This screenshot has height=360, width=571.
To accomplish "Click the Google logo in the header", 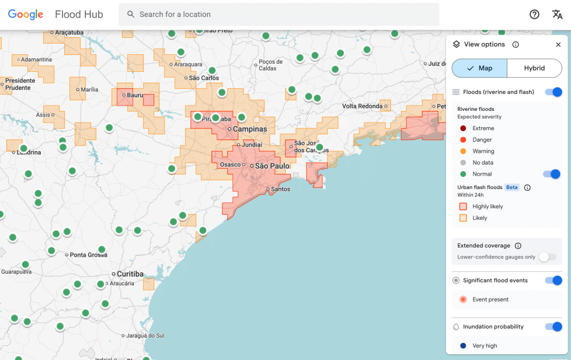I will (x=26, y=15).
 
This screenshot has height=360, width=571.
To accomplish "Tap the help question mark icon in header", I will (x=534, y=15).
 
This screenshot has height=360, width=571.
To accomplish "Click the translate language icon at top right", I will (x=557, y=15).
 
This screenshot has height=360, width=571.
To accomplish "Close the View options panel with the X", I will (x=558, y=45).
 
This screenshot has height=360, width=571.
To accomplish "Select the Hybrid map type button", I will (x=534, y=68).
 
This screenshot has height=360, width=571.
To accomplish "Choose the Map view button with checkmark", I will (x=479, y=68).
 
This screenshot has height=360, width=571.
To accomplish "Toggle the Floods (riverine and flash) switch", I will (x=553, y=92).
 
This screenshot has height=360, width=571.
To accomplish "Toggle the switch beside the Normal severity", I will (x=552, y=174).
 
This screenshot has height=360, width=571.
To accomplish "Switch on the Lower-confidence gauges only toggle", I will (x=548, y=257).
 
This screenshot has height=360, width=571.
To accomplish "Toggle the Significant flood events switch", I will (x=553, y=281).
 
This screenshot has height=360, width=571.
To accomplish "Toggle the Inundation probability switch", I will (x=553, y=327).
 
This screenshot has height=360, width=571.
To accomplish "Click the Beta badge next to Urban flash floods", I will (x=512, y=187).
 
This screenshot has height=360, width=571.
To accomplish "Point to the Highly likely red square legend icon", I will (x=463, y=207).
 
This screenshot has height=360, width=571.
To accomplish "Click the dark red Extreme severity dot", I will (x=463, y=128).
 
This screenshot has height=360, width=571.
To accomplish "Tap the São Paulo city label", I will (x=272, y=166).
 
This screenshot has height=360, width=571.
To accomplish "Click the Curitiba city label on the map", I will (x=130, y=274).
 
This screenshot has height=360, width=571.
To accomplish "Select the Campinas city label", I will (x=250, y=129).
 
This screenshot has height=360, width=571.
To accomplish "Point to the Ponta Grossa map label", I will (x=88, y=255).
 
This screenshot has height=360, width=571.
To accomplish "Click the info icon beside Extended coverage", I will (x=518, y=246).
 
